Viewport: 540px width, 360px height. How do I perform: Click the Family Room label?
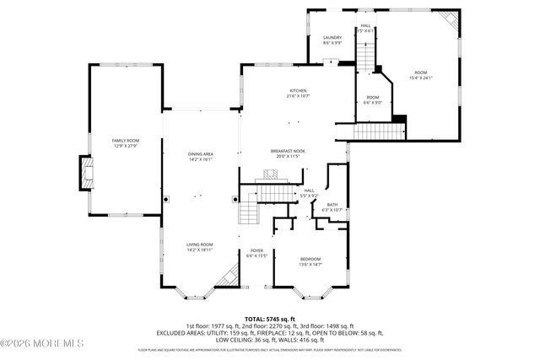126,140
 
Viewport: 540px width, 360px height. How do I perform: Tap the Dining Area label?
200,153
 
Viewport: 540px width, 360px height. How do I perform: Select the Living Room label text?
200,244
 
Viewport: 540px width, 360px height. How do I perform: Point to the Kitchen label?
299,90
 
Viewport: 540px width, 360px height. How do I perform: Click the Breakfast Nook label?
288,151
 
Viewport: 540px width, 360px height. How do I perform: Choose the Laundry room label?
332,38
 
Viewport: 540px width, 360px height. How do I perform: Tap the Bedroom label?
310,259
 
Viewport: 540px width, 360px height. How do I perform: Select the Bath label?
332,204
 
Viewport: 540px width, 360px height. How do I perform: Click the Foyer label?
256,250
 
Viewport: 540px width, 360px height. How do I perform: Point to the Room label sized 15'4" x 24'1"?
420,73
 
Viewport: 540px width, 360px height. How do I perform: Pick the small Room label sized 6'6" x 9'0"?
372,98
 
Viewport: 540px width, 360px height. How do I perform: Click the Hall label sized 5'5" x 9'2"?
309,191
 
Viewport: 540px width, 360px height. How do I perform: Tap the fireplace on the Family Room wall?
86,173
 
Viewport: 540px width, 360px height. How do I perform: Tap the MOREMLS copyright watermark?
42,342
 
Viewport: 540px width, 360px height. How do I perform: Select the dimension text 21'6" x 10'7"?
299,96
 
